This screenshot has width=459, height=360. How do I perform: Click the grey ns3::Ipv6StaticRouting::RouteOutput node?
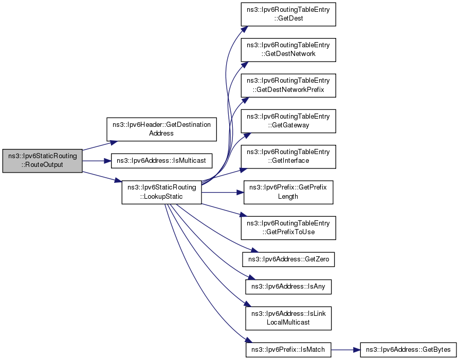point(43,161)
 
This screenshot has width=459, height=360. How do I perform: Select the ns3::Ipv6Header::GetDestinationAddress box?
point(161,129)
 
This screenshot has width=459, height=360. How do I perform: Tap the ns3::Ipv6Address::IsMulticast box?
point(161,161)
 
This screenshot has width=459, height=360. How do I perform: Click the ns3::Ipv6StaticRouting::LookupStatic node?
point(161,192)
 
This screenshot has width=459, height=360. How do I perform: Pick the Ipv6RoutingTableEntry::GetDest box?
point(288,14)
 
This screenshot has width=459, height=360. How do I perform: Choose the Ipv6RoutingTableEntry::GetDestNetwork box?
point(288,50)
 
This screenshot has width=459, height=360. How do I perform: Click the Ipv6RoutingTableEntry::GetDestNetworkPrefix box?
point(288,85)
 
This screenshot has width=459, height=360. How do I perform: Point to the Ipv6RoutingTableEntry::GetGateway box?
point(288,121)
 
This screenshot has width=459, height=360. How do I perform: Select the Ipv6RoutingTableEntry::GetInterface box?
point(288,157)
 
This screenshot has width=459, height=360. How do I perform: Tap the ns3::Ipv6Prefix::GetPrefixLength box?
point(288,192)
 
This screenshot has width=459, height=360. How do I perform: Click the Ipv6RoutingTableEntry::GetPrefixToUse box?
point(288,228)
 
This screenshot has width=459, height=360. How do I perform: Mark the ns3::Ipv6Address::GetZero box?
point(288,259)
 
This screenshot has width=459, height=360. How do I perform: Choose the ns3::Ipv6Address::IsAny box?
point(288,287)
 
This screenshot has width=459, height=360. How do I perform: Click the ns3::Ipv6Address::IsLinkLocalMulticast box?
point(288,318)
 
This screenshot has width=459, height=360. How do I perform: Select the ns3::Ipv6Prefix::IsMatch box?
point(288,349)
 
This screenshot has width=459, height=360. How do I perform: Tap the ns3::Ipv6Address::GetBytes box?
point(408,349)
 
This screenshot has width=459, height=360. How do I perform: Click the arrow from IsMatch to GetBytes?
point(346,349)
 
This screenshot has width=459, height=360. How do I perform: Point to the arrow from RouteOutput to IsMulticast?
point(97,161)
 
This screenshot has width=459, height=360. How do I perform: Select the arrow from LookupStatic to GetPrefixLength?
point(223,192)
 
